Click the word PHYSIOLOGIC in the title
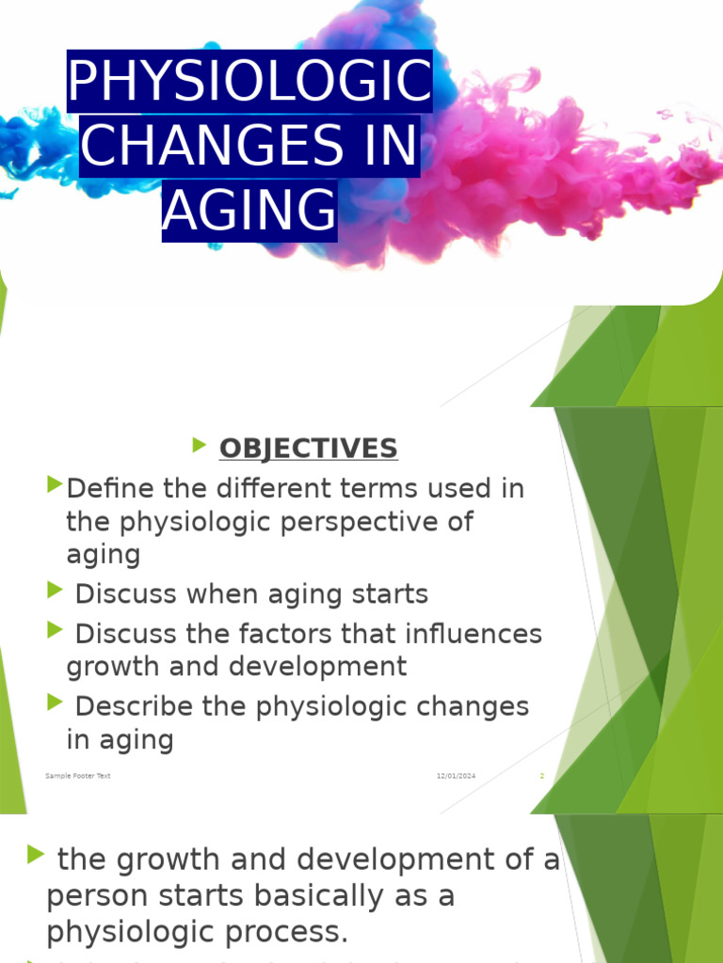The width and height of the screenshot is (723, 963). pos(249,83)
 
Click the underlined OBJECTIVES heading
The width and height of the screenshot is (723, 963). pos(308,450)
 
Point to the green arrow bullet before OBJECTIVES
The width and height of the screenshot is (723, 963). pos(200,446)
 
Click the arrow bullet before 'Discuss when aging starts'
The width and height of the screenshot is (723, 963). pos(55,591)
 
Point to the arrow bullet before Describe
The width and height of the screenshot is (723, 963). pos(55,702)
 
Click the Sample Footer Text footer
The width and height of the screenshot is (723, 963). pos(77,776)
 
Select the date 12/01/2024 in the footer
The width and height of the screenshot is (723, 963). pos(456,776)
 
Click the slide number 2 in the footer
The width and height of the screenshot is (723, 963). pos(541,776)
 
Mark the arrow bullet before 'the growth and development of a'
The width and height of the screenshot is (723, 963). pos(36,854)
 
